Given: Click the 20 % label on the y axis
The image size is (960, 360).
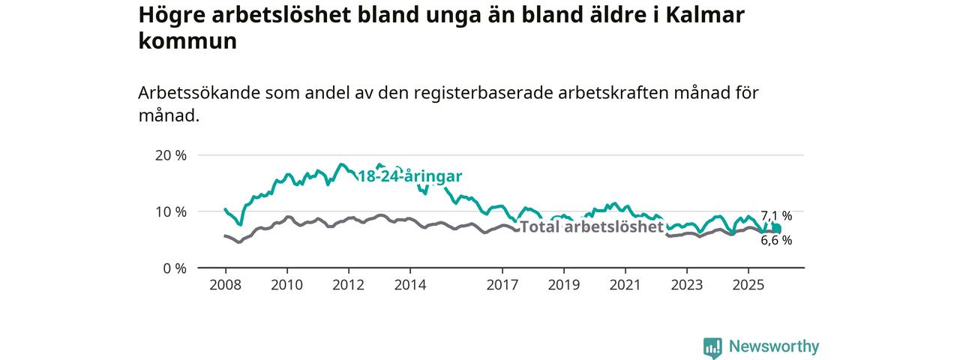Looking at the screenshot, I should pos(169,155).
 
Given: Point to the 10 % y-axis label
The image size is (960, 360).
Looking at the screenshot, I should pos(169,211).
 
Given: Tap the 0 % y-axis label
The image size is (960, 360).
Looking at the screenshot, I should pos(173,268).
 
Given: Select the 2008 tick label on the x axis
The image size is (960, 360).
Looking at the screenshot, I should pos(225,285).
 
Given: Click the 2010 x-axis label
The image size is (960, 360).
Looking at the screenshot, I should pos(286,285).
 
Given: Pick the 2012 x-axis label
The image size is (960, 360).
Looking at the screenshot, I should pos(348,285).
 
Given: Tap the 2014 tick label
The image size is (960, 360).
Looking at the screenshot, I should pos(409,285).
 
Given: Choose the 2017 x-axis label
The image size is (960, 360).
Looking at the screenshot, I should pos(502,285).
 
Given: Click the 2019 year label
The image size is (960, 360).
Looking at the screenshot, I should pos(563,285).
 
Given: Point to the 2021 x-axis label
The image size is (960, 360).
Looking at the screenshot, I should pos(625,285).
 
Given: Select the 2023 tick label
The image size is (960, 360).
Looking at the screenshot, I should pos(686,285).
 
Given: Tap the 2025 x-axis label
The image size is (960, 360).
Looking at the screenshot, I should pos(748,285).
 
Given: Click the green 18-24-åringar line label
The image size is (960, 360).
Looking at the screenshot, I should pos(409,177).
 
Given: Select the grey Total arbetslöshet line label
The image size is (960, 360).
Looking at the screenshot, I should pos(592,226).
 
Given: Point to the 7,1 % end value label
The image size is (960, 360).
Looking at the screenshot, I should pos(776,216).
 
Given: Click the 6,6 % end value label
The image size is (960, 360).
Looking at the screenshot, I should pos(776,241).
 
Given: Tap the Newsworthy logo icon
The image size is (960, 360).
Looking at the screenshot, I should pos(712,347).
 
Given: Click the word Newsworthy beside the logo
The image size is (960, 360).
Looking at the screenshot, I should pos(773,346).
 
